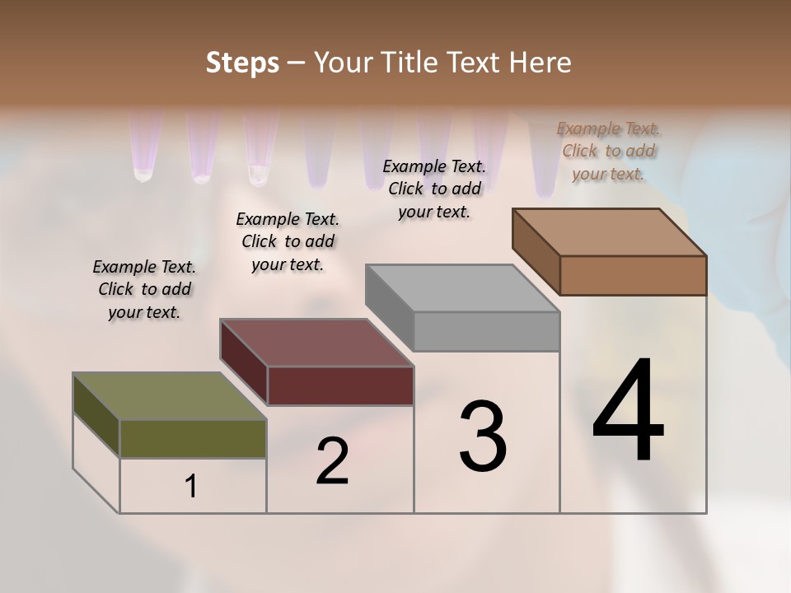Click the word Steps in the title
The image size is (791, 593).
pyautogui.click(x=242, y=63)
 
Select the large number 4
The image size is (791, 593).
pyautogui.click(x=628, y=412)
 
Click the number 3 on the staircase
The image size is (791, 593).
pyautogui.click(x=483, y=437)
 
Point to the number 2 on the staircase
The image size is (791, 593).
pyautogui.click(x=332, y=461)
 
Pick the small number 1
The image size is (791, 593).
pyautogui.click(x=191, y=487)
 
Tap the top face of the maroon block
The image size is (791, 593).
pyautogui.click(x=317, y=343)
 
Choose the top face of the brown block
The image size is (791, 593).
pyautogui.click(x=610, y=232)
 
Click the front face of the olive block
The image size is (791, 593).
pyautogui.click(x=193, y=439)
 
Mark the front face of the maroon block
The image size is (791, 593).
pyautogui.click(x=340, y=385)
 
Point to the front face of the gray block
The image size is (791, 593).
pyautogui.click(x=486, y=332)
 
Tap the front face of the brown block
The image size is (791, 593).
pyautogui.click(x=633, y=275)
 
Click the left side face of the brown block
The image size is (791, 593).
pyautogui.click(x=536, y=251)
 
